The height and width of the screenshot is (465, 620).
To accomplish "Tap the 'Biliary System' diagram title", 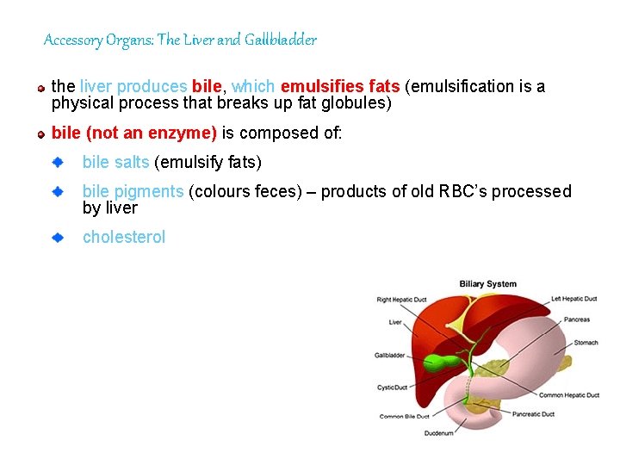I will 487,284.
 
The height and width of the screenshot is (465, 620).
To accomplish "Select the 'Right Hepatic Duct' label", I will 401,300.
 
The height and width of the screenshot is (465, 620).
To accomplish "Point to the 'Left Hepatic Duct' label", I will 574,299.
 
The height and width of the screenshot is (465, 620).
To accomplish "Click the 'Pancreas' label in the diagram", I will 577,319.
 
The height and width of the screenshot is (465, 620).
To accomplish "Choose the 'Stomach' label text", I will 586,343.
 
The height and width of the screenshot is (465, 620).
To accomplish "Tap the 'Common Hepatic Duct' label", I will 569,395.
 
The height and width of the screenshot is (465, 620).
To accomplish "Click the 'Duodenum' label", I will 438,433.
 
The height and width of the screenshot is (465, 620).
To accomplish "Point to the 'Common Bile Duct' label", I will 404,417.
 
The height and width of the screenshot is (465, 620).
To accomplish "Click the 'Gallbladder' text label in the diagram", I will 389,355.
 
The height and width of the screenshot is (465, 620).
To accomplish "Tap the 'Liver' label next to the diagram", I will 395,323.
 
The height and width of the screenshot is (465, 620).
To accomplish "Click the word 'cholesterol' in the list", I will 123,237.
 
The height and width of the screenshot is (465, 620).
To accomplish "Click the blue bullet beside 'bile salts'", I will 58,161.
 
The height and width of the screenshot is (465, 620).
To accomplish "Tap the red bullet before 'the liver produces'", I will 40,88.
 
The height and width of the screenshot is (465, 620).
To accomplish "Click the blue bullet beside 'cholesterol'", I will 58,236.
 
